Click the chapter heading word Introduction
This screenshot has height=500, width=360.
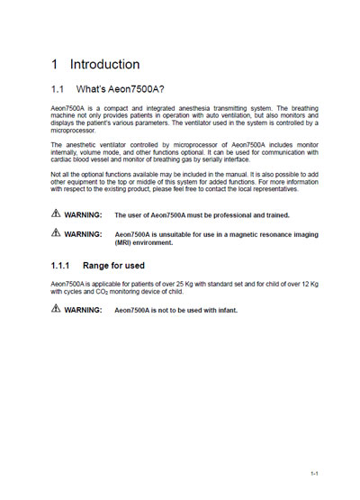click(x=104, y=65)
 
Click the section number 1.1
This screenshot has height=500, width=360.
click(x=58, y=91)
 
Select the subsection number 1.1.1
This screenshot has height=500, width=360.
click(x=62, y=266)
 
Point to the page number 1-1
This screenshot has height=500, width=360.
click(x=315, y=472)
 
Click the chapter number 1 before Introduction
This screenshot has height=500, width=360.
click(x=55, y=65)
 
